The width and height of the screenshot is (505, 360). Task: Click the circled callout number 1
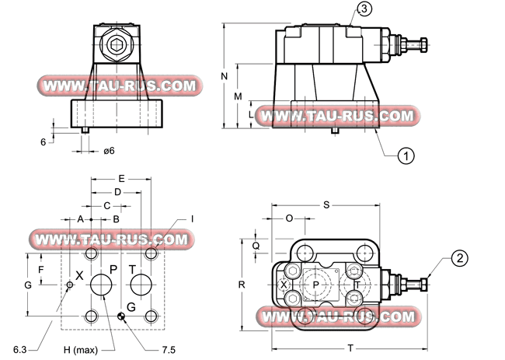point(406,156)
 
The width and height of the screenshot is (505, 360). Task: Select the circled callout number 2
point(460,258)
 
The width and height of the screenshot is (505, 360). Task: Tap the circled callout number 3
point(364,9)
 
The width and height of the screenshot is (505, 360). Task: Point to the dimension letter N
point(225,76)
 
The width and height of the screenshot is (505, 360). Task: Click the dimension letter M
point(238,96)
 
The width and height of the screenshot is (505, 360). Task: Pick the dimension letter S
point(326,205)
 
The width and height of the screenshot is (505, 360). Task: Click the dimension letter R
point(242,285)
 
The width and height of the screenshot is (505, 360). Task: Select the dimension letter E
point(121,179)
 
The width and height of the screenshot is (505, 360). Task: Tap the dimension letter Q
point(256,246)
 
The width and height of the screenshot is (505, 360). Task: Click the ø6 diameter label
point(109,151)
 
